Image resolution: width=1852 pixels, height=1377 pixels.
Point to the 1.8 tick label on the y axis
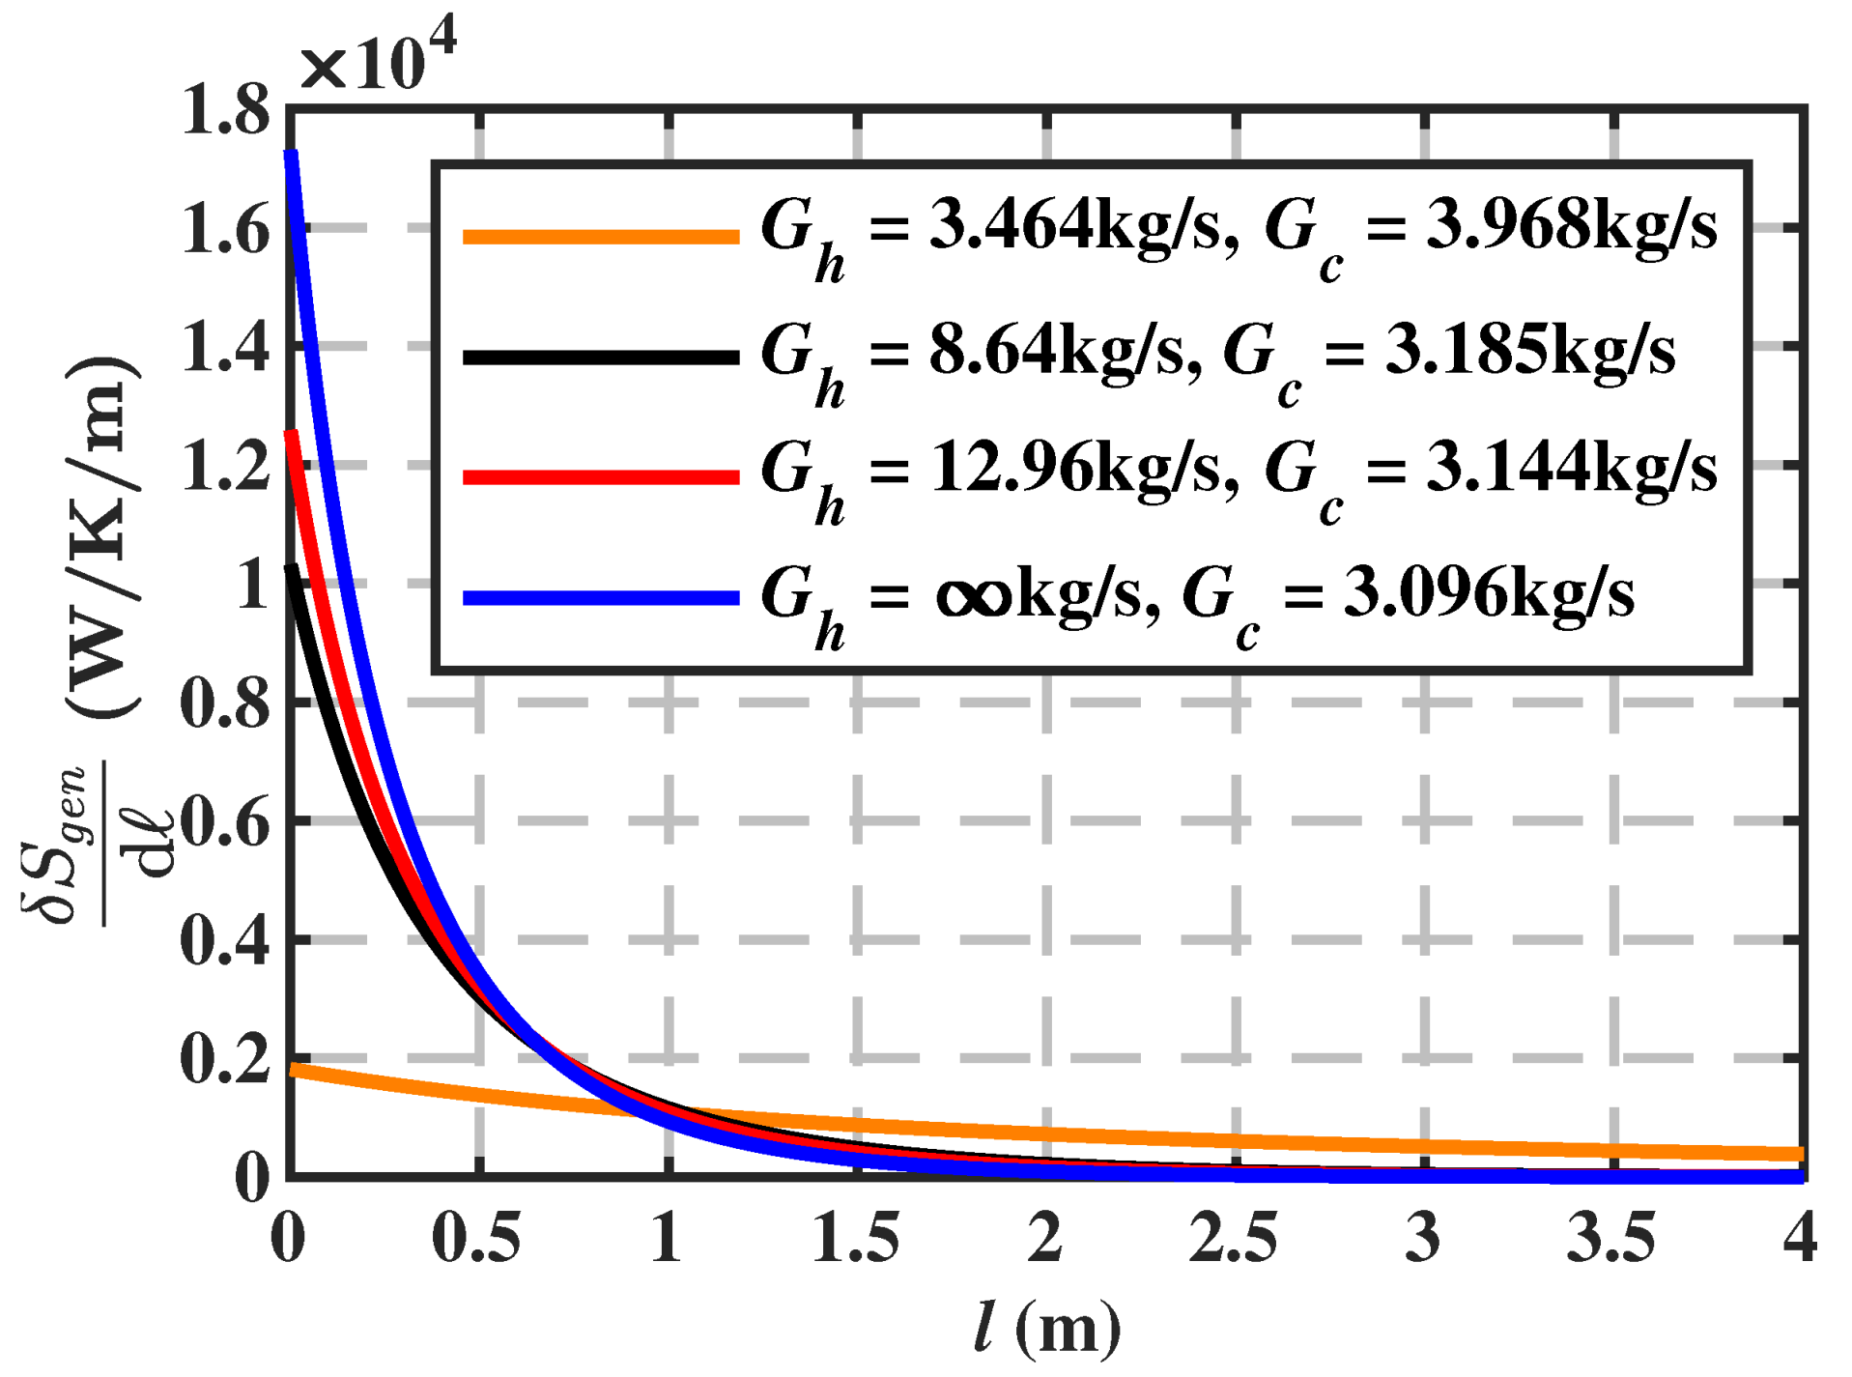[225, 110]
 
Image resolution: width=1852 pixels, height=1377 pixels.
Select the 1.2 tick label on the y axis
[225, 466]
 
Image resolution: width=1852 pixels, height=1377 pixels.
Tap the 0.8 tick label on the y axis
[225, 703]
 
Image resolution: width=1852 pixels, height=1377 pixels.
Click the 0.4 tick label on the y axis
[225, 940]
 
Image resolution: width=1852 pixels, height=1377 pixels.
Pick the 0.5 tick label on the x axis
[476, 1238]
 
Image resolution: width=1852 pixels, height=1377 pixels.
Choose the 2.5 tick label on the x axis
[1234, 1238]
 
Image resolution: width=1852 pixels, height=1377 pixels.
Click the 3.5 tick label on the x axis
[1611, 1238]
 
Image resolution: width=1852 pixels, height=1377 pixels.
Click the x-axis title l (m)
[1047, 1329]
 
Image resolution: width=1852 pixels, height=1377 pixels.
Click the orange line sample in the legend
[601, 236]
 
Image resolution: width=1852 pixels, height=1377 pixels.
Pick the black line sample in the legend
[601, 358]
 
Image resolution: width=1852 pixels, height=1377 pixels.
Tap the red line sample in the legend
[601, 476]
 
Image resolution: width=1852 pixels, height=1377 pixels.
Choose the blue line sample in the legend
[601, 598]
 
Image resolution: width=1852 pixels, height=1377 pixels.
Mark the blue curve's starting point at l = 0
[290, 155]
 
